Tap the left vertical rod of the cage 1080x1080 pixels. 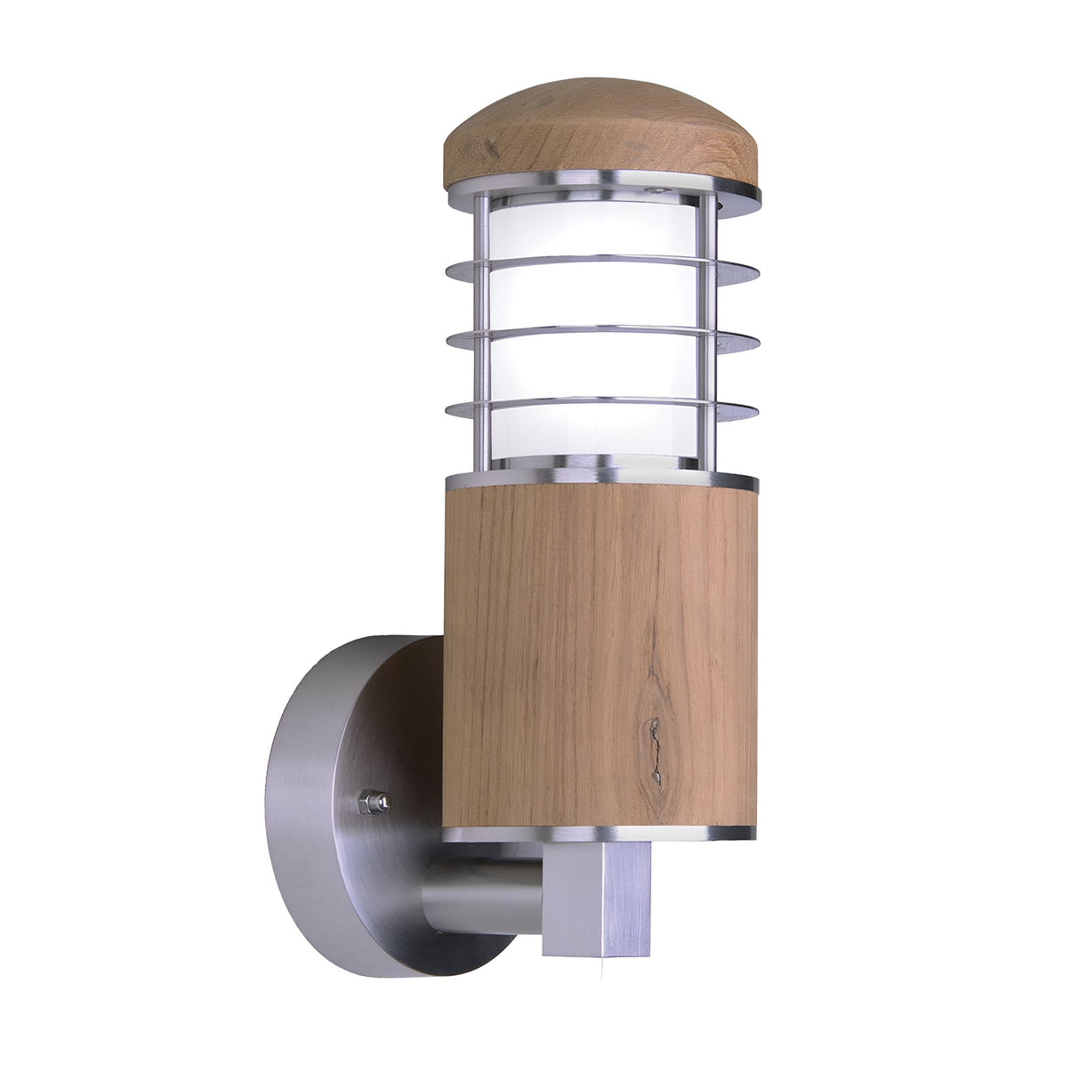tap(482, 329)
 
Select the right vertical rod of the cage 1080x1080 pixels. tap(707, 329)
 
